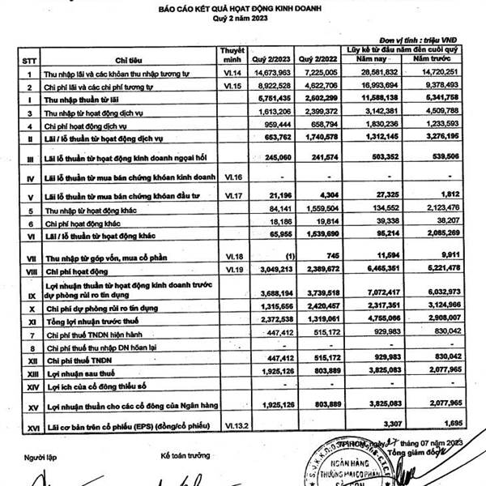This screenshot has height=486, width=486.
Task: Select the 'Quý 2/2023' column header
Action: click(x=271, y=59)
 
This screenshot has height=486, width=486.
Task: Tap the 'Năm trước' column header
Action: click(x=435, y=60)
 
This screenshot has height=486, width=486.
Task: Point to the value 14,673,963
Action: click(x=278, y=73)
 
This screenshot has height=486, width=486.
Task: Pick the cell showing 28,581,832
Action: click(x=373, y=73)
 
